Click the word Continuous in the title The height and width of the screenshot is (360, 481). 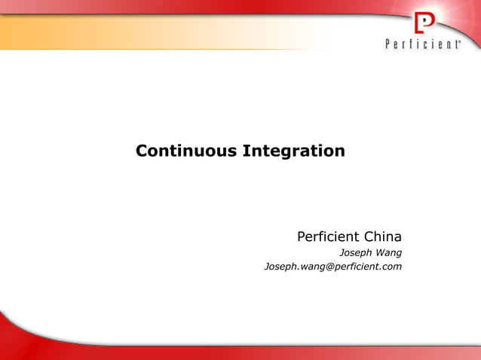186,151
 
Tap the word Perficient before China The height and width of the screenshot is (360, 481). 329,237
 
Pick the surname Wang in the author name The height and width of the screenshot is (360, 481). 389,253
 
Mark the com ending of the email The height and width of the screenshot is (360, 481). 392,267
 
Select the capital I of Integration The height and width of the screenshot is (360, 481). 246,151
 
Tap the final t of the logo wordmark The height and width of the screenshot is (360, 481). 454,44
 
